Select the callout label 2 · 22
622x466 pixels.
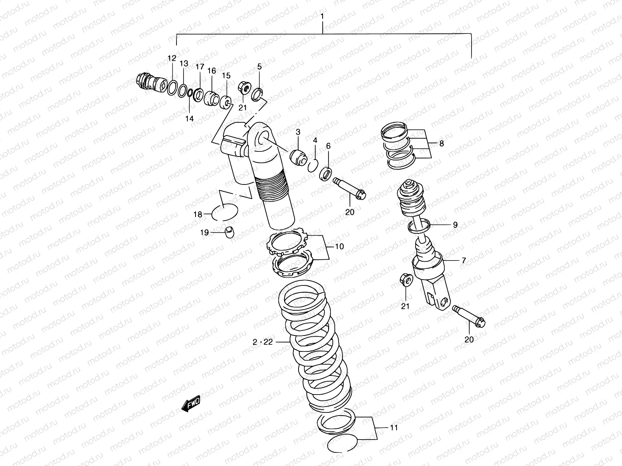(263, 342)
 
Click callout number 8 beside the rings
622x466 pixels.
(441, 144)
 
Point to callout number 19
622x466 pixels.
(204, 232)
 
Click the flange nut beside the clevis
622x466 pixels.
(405, 280)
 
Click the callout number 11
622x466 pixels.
(394, 428)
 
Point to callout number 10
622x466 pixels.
(339, 246)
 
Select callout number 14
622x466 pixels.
(189, 118)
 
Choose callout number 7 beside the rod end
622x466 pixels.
(463, 261)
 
